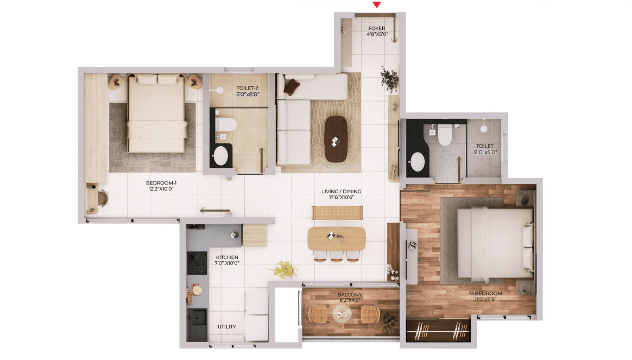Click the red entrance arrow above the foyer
(376, 5)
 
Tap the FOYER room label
(377, 28)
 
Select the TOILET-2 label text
(247, 89)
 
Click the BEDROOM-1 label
(161, 183)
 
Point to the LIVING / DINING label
(342, 192)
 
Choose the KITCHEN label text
(227, 257)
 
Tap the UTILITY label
(226, 326)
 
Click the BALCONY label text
(350, 295)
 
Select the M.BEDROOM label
(485, 293)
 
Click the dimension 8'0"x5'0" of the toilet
(485, 153)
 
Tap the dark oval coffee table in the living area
(336, 139)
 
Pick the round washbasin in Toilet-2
(220, 156)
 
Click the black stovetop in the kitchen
(197, 263)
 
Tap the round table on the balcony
(342, 314)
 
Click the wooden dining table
(337, 238)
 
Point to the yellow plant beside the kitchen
(284, 269)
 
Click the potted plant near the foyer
(389, 79)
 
